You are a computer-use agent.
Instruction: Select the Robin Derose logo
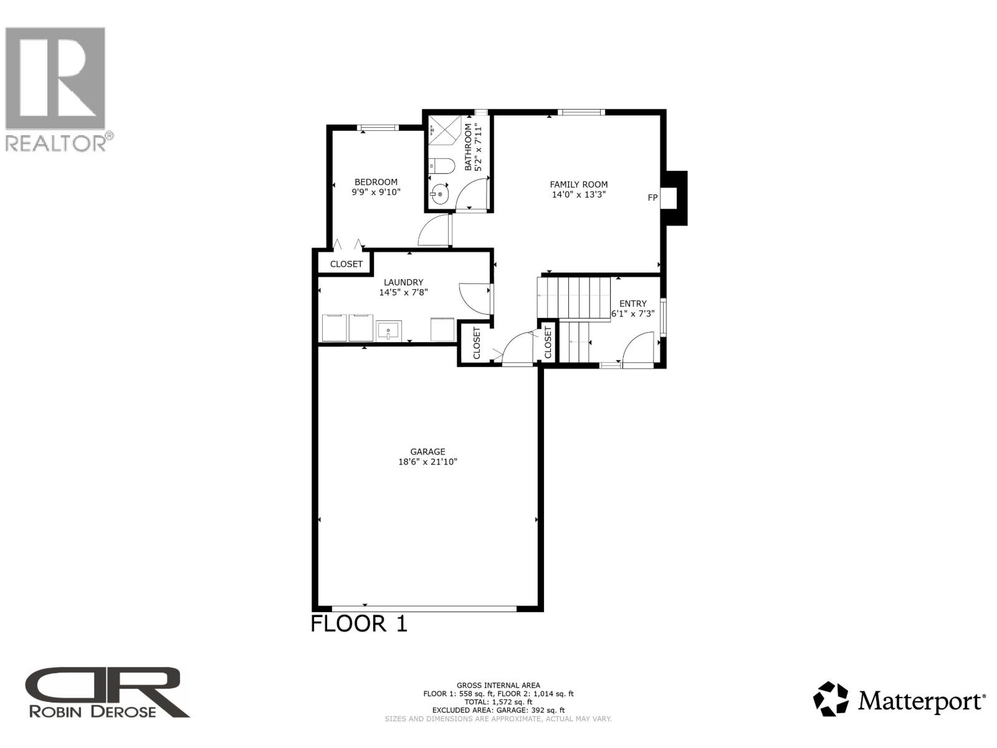click(x=106, y=693)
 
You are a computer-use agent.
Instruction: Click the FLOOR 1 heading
click(x=359, y=624)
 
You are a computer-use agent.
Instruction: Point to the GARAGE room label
click(x=427, y=452)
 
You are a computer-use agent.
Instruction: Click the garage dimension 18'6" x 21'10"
click(x=427, y=463)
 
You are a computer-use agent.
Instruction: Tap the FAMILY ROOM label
click(x=578, y=185)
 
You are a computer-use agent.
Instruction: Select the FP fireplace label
click(x=652, y=198)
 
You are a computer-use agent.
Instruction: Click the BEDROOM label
click(x=376, y=182)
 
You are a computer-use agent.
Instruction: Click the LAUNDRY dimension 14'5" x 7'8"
click(x=403, y=292)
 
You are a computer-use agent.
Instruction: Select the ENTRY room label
click(x=632, y=304)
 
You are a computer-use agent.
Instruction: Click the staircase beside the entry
click(x=573, y=299)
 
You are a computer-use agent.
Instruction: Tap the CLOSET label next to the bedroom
click(x=346, y=264)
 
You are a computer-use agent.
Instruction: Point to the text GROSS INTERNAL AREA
click(x=498, y=685)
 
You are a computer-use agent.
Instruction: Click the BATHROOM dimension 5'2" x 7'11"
click(x=479, y=148)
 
